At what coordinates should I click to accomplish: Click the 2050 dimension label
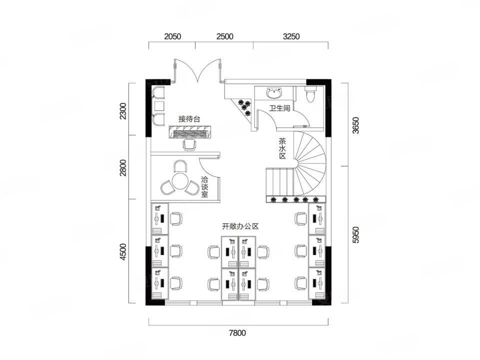pyautogui.click(x=172, y=36)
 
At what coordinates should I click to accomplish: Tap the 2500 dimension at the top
pyautogui.click(x=224, y=36)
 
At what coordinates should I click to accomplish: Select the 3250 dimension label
pyautogui.click(x=291, y=36)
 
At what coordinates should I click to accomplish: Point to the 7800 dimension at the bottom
pyautogui.click(x=237, y=333)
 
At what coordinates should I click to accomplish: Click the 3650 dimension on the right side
pyautogui.click(x=355, y=125)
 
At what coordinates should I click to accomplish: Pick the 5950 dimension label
pyautogui.click(x=355, y=235)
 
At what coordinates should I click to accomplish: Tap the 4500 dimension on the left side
pyautogui.click(x=123, y=252)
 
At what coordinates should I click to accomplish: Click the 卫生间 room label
pyautogui.click(x=279, y=108)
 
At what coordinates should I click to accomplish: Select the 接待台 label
pyautogui.click(x=189, y=119)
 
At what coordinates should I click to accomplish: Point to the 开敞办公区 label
pyautogui.click(x=240, y=226)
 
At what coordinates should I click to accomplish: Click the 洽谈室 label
pyautogui.click(x=205, y=186)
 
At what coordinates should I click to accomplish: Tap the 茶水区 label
pyautogui.click(x=282, y=149)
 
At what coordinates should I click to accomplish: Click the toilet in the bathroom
pyautogui.click(x=310, y=93)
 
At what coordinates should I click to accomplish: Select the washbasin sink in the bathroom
pyautogui.click(x=274, y=93)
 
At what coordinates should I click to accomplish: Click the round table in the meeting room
pyautogui.click(x=179, y=181)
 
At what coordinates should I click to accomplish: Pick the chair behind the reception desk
pyautogui.click(x=189, y=145)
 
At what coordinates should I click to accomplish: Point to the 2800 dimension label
pyautogui.click(x=123, y=168)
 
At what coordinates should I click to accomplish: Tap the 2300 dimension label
pyautogui.click(x=123, y=111)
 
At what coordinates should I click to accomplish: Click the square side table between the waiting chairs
pyautogui.click(x=159, y=105)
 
